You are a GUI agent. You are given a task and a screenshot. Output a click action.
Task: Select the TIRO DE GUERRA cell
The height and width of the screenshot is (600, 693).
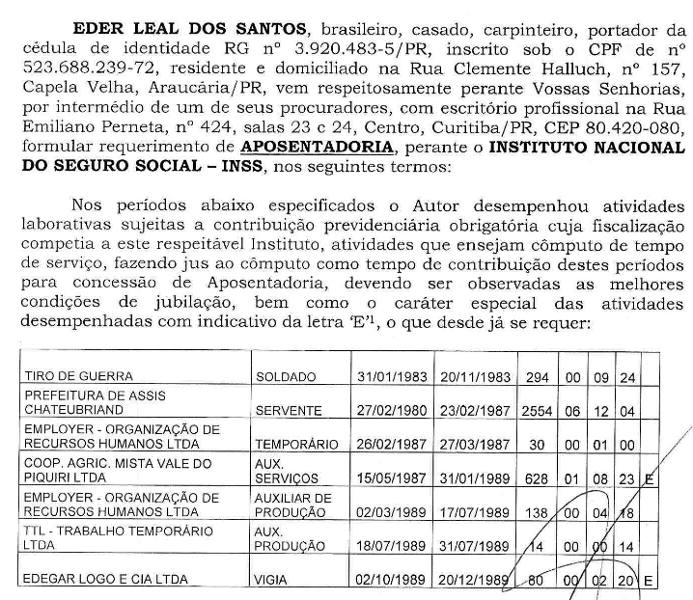point(80,376)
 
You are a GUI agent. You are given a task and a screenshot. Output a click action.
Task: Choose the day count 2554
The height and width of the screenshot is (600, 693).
point(537,410)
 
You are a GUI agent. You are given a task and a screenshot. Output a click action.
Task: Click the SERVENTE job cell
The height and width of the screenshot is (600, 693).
point(289,410)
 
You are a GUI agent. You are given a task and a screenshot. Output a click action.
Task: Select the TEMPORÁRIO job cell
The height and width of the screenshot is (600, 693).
point(297,444)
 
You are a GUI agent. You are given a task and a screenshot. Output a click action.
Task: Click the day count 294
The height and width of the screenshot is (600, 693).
point(537,376)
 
